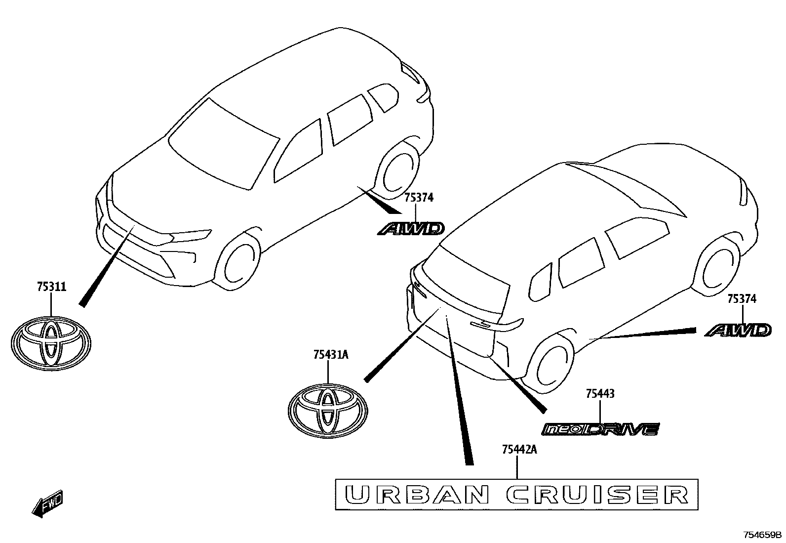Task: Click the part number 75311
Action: click(51, 287)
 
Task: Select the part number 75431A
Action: click(331, 355)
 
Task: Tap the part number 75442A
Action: click(519, 449)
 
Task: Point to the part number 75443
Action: click(600, 394)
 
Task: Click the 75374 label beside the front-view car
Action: click(419, 198)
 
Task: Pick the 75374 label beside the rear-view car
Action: click(742, 299)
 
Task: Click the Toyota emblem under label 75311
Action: click(51, 343)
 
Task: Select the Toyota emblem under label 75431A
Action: click(328, 411)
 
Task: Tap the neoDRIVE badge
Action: click(600, 429)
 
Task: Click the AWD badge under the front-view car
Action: click(411, 229)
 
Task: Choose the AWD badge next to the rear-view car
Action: click(738, 330)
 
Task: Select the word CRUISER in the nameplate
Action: click(597, 495)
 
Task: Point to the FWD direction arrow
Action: click(47, 503)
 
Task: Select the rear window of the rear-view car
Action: click(466, 279)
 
